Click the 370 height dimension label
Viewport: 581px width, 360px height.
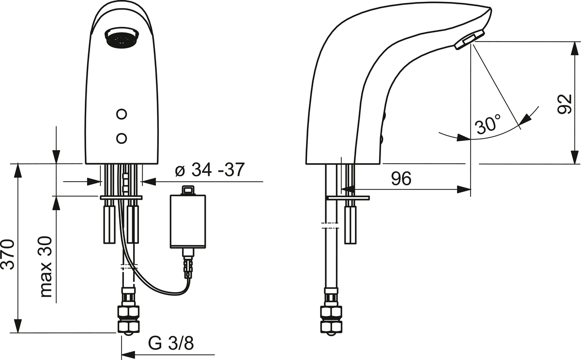(8, 255)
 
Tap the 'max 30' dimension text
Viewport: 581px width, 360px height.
(46, 267)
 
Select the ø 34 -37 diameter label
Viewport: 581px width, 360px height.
(210, 170)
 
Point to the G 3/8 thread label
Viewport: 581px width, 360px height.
(171, 344)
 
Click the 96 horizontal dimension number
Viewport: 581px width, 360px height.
(401, 179)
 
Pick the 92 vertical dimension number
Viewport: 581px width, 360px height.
(565, 104)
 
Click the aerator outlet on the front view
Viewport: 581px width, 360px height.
(122, 38)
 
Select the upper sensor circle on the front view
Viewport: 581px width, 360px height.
(122, 114)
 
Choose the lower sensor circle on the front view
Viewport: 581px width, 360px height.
(122, 138)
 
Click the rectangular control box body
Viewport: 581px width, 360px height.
(188, 221)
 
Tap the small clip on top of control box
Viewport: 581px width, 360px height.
(188, 190)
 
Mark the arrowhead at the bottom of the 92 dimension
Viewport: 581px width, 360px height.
(576, 157)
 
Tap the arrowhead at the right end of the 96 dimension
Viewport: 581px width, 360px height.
(464, 189)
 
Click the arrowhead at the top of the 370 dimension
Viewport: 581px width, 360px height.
(18, 171)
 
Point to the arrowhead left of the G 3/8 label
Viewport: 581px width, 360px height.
(128, 355)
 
